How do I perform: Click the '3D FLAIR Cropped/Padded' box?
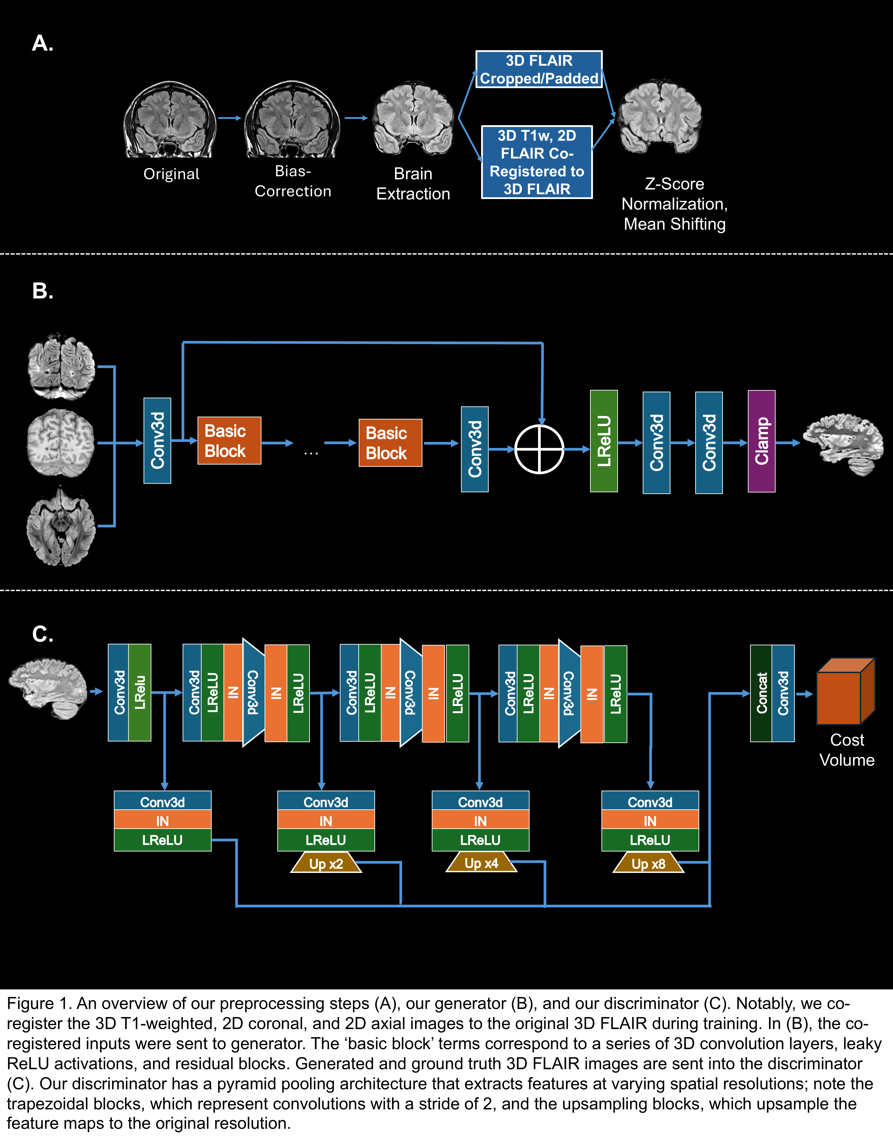click(538, 69)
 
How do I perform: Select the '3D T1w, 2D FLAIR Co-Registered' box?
click(536, 162)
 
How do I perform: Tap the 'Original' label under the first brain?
click(171, 174)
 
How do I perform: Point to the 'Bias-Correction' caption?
click(293, 181)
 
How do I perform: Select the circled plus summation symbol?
click(539, 449)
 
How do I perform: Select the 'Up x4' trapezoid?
click(481, 863)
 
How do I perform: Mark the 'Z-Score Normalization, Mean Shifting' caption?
click(674, 204)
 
